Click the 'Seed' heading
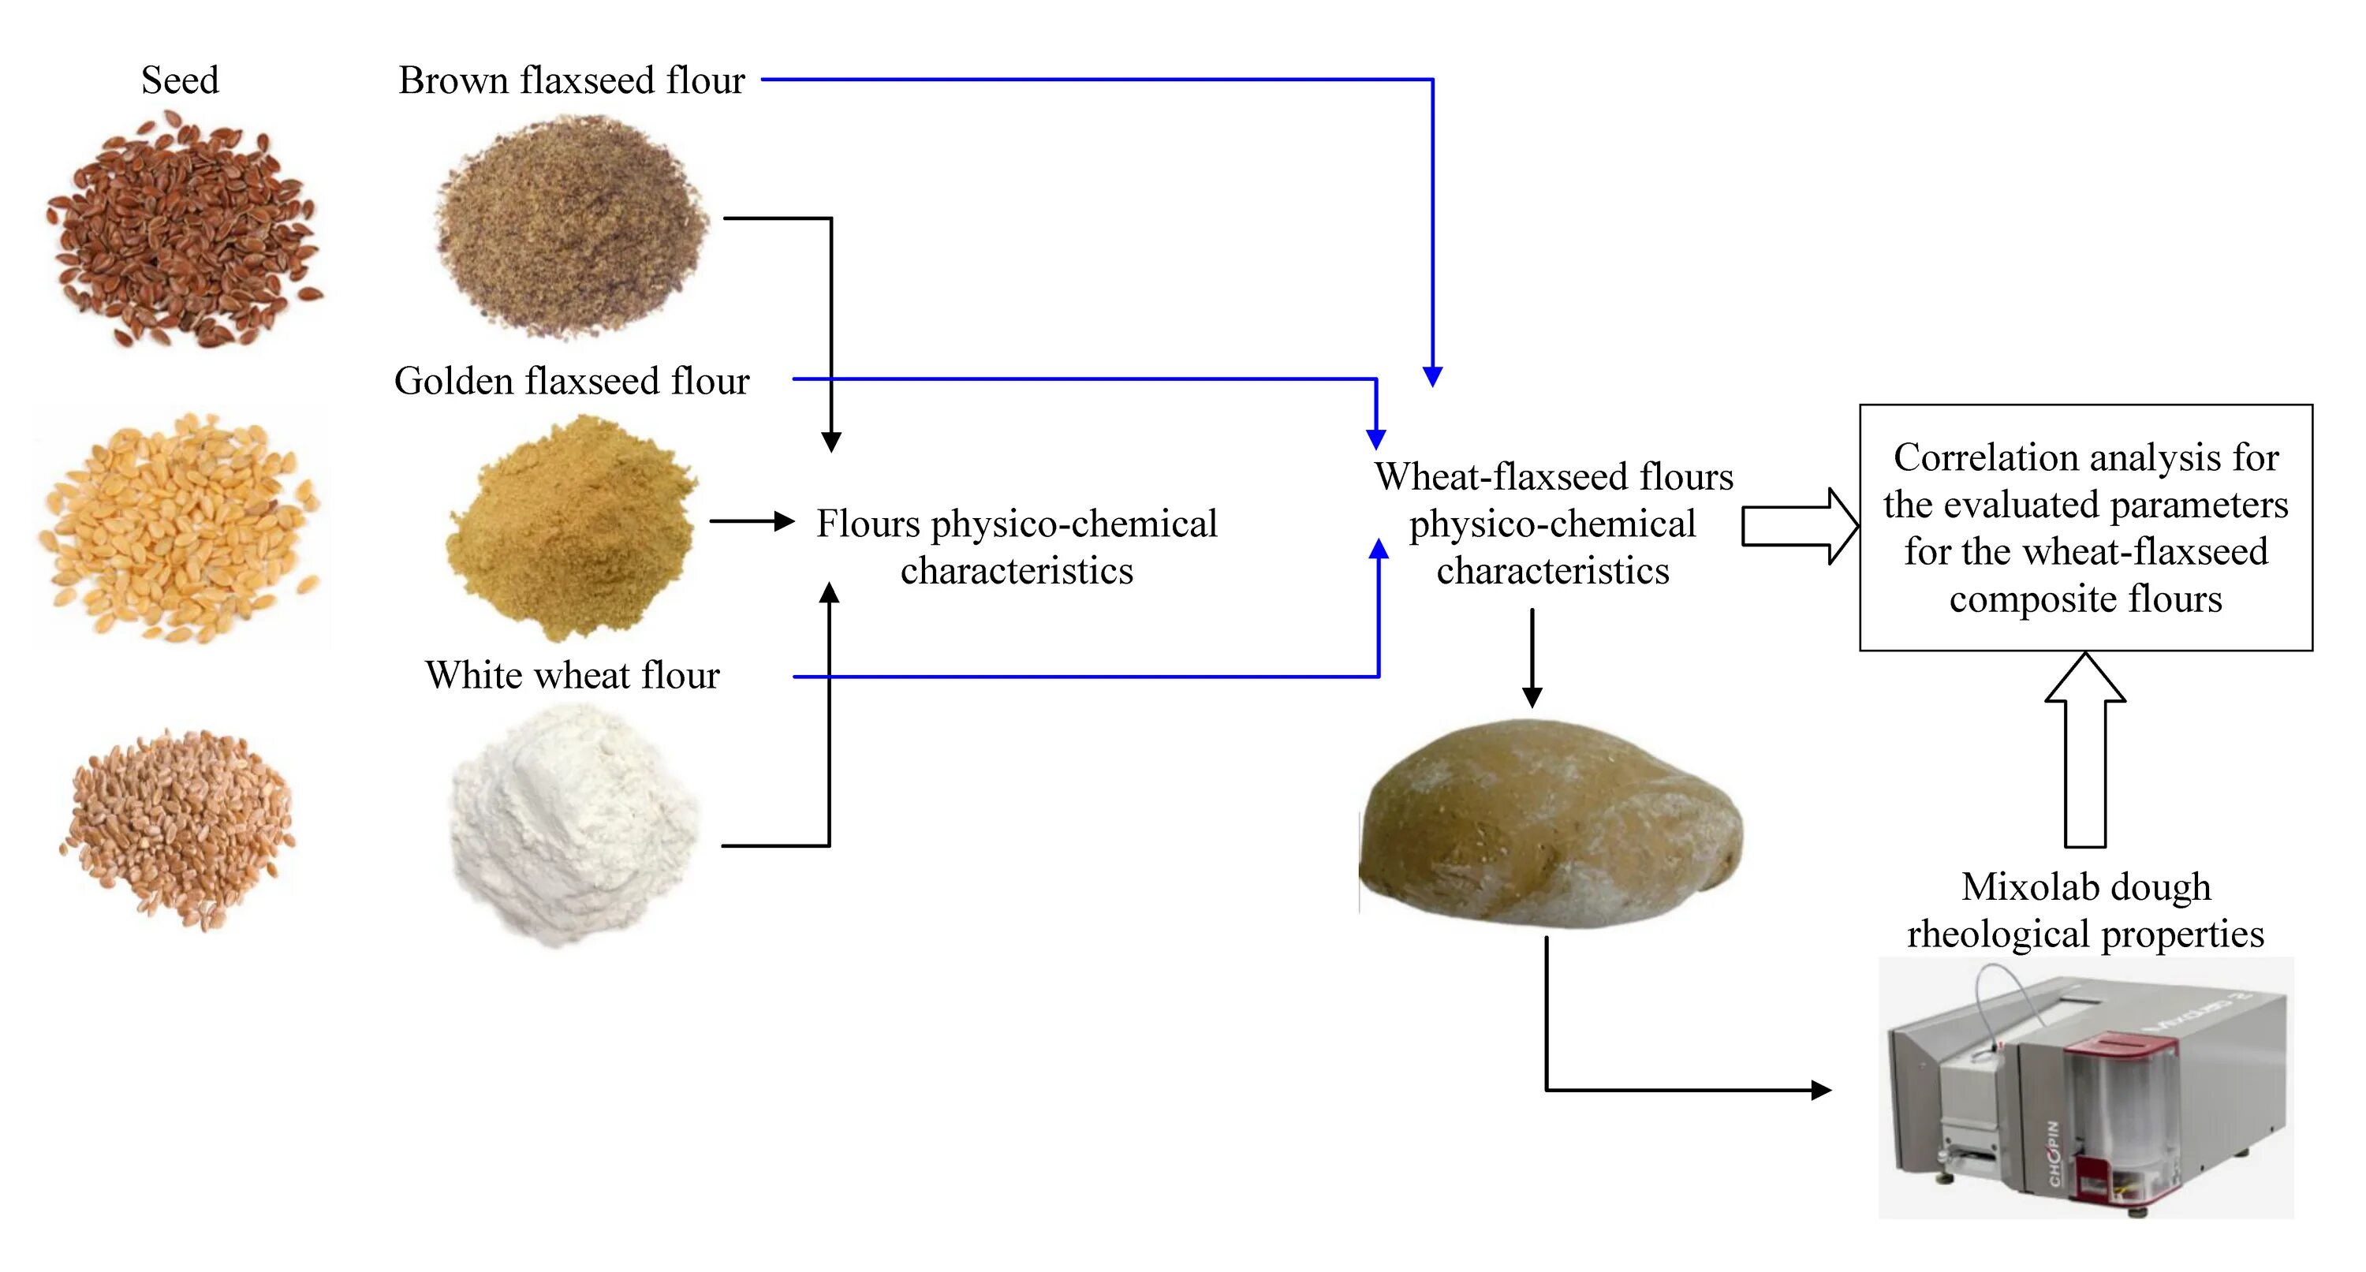(180, 80)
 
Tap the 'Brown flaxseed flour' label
(571, 80)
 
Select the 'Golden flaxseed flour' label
(571, 381)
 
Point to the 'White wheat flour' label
(571, 676)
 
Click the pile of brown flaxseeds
(184, 229)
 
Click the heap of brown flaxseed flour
(571, 225)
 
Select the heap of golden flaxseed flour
(571, 528)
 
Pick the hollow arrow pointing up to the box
(2085, 748)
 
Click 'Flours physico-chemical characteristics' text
(1017, 547)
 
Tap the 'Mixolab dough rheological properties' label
(2085, 910)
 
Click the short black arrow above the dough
(1532, 658)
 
